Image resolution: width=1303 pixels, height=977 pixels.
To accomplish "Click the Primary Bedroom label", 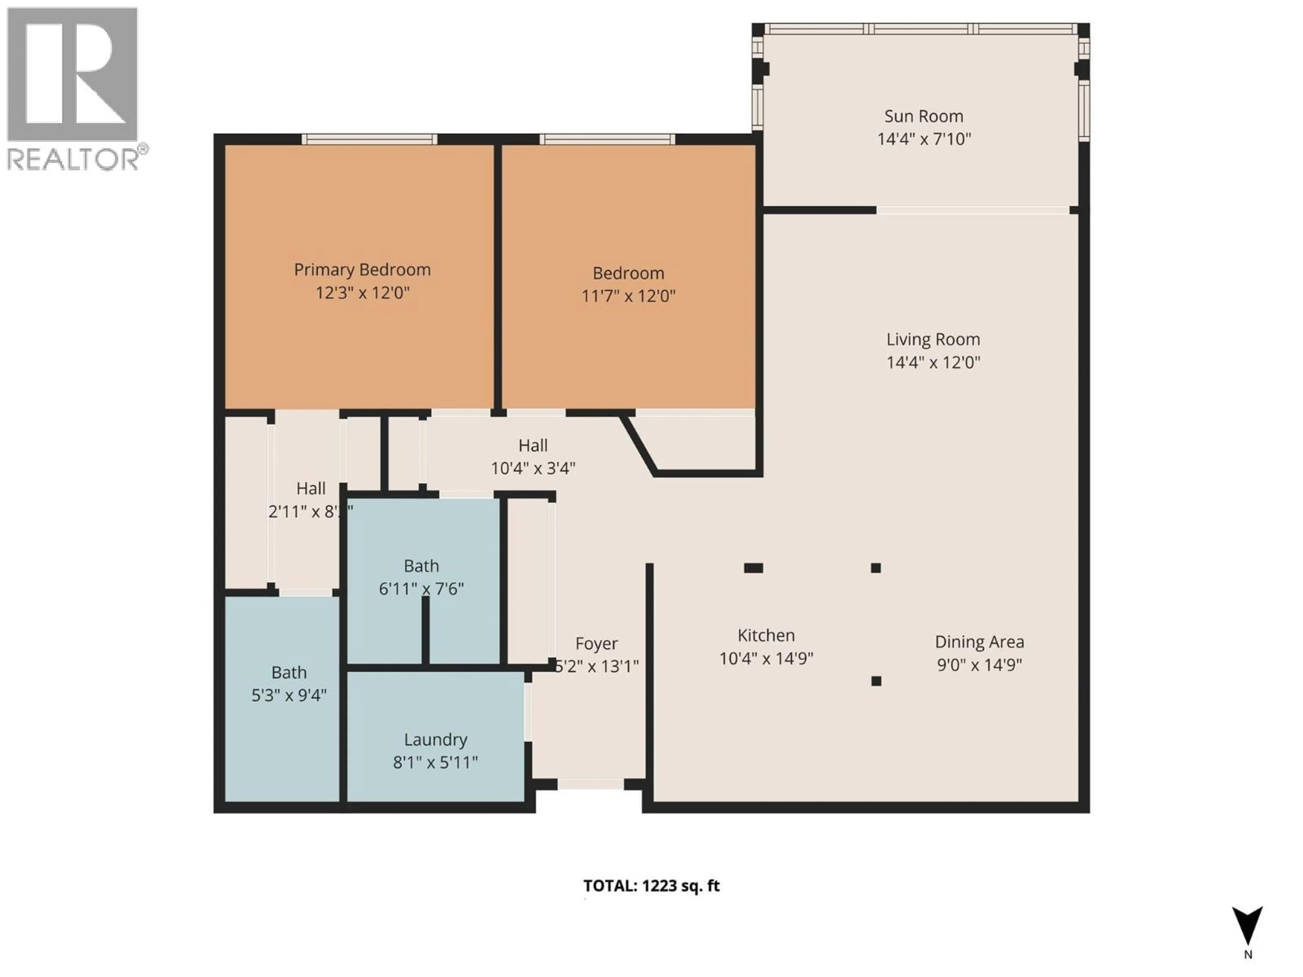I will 362,270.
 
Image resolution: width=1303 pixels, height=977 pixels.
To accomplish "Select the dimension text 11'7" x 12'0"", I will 628,295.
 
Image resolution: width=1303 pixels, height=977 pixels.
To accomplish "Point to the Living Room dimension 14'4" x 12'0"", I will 933,362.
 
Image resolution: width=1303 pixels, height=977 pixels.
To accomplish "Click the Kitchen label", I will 766,635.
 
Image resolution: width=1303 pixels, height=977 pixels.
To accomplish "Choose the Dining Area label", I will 979,642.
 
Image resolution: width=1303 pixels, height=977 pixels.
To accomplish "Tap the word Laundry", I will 435,740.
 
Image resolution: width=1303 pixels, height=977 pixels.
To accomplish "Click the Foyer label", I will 596,644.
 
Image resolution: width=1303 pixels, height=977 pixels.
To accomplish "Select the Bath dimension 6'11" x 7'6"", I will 421,589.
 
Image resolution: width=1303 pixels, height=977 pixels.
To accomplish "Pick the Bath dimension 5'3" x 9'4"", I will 289,695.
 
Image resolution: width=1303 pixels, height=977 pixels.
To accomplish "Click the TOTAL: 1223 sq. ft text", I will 651,886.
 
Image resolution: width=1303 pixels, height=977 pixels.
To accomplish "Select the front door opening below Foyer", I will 590,784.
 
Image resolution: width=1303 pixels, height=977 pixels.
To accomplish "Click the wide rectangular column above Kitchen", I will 753,568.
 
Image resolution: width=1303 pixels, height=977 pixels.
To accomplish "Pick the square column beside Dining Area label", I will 876,681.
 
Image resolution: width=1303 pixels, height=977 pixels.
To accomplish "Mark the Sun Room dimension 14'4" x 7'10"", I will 924,139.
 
